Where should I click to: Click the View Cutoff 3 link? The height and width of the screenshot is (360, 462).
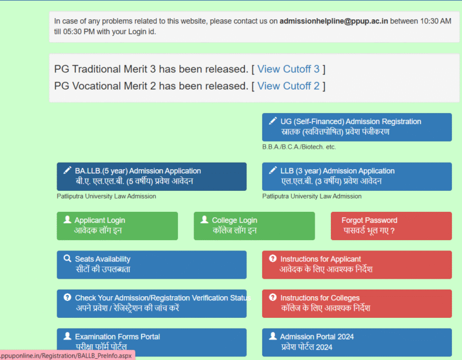(288, 69)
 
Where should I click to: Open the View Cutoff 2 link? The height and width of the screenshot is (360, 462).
(288, 86)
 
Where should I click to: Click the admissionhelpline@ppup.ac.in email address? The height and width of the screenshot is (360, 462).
(333, 21)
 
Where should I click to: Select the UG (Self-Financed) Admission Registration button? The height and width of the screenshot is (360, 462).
(357, 127)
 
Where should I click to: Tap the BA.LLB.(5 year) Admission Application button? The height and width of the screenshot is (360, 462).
(152, 176)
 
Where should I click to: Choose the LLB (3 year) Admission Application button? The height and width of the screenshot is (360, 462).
(357, 176)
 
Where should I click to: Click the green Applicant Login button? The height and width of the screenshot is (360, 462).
(117, 226)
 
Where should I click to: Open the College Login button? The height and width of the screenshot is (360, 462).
(254, 226)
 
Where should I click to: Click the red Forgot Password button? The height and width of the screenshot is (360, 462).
(391, 226)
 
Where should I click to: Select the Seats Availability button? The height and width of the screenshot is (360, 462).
(152, 265)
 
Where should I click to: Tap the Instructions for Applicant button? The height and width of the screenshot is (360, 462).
(357, 265)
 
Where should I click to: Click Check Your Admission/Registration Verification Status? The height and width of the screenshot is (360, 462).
(152, 303)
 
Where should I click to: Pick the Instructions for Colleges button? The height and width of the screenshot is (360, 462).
(357, 303)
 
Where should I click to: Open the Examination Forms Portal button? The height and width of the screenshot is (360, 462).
(152, 343)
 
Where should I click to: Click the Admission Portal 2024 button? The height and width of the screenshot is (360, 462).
(357, 343)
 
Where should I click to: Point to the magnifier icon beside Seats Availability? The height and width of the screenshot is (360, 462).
(67, 259)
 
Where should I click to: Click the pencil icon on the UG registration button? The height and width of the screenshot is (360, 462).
(273, 121)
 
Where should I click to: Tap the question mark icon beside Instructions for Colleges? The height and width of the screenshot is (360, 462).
(273, 297)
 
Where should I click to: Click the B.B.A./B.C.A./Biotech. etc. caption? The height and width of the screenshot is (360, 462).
(299, 147)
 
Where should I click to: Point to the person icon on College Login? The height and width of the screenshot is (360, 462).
(205, 219)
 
